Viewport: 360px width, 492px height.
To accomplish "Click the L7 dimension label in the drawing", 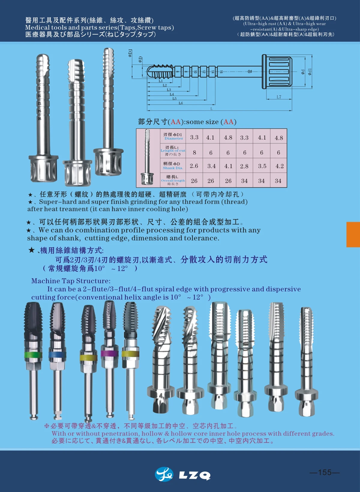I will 279,97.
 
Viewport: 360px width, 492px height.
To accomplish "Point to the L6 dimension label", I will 181,103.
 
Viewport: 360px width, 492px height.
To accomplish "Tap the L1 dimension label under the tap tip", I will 160,81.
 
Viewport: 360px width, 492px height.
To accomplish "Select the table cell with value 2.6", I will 194,166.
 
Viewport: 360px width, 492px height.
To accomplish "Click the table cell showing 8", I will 194,152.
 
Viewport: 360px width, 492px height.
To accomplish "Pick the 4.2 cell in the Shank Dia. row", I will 279,166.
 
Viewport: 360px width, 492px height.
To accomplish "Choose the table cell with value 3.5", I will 262,166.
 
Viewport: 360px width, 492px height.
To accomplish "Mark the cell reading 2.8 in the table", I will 244,166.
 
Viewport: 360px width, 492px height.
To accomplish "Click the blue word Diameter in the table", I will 173,138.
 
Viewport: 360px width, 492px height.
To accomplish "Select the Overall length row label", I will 173,180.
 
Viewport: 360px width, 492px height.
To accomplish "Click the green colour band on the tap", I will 33,355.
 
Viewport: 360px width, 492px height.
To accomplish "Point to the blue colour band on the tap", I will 57,355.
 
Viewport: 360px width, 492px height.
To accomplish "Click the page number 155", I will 325,472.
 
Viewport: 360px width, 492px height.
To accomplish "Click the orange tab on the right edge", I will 353,234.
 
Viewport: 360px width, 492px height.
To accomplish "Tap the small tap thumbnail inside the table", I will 147,158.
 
